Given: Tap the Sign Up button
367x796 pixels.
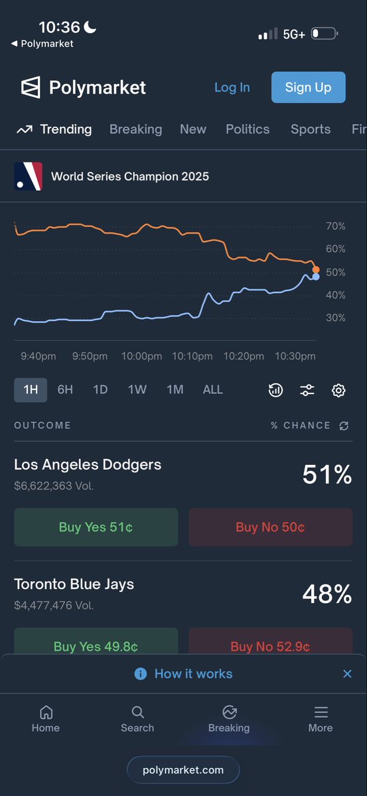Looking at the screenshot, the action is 309,87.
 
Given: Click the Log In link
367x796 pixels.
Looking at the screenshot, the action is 232,88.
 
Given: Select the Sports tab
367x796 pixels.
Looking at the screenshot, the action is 311,129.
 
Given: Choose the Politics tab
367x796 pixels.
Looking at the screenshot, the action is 248,129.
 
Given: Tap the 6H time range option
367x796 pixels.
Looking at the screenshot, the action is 65,390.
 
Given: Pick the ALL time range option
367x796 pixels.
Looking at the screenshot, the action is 212,390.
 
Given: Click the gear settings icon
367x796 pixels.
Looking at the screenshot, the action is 338,390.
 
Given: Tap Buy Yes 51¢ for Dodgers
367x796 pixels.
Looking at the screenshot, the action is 96,527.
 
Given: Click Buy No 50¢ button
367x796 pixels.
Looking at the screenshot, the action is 271,527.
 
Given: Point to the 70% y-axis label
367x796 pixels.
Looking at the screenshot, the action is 335,226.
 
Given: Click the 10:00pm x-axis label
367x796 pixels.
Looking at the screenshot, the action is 141,356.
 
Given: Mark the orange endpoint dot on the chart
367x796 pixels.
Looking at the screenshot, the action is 316,270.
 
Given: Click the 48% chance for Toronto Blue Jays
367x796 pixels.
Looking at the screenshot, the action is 327,594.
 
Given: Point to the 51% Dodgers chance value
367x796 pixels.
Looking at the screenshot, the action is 327,474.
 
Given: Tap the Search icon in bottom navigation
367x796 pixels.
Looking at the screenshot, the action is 137,712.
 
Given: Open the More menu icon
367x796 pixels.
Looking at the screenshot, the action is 321,712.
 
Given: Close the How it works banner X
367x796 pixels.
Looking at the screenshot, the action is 348,674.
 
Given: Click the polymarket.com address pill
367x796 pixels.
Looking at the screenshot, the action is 183,770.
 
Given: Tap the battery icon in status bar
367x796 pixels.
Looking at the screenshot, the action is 325,34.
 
